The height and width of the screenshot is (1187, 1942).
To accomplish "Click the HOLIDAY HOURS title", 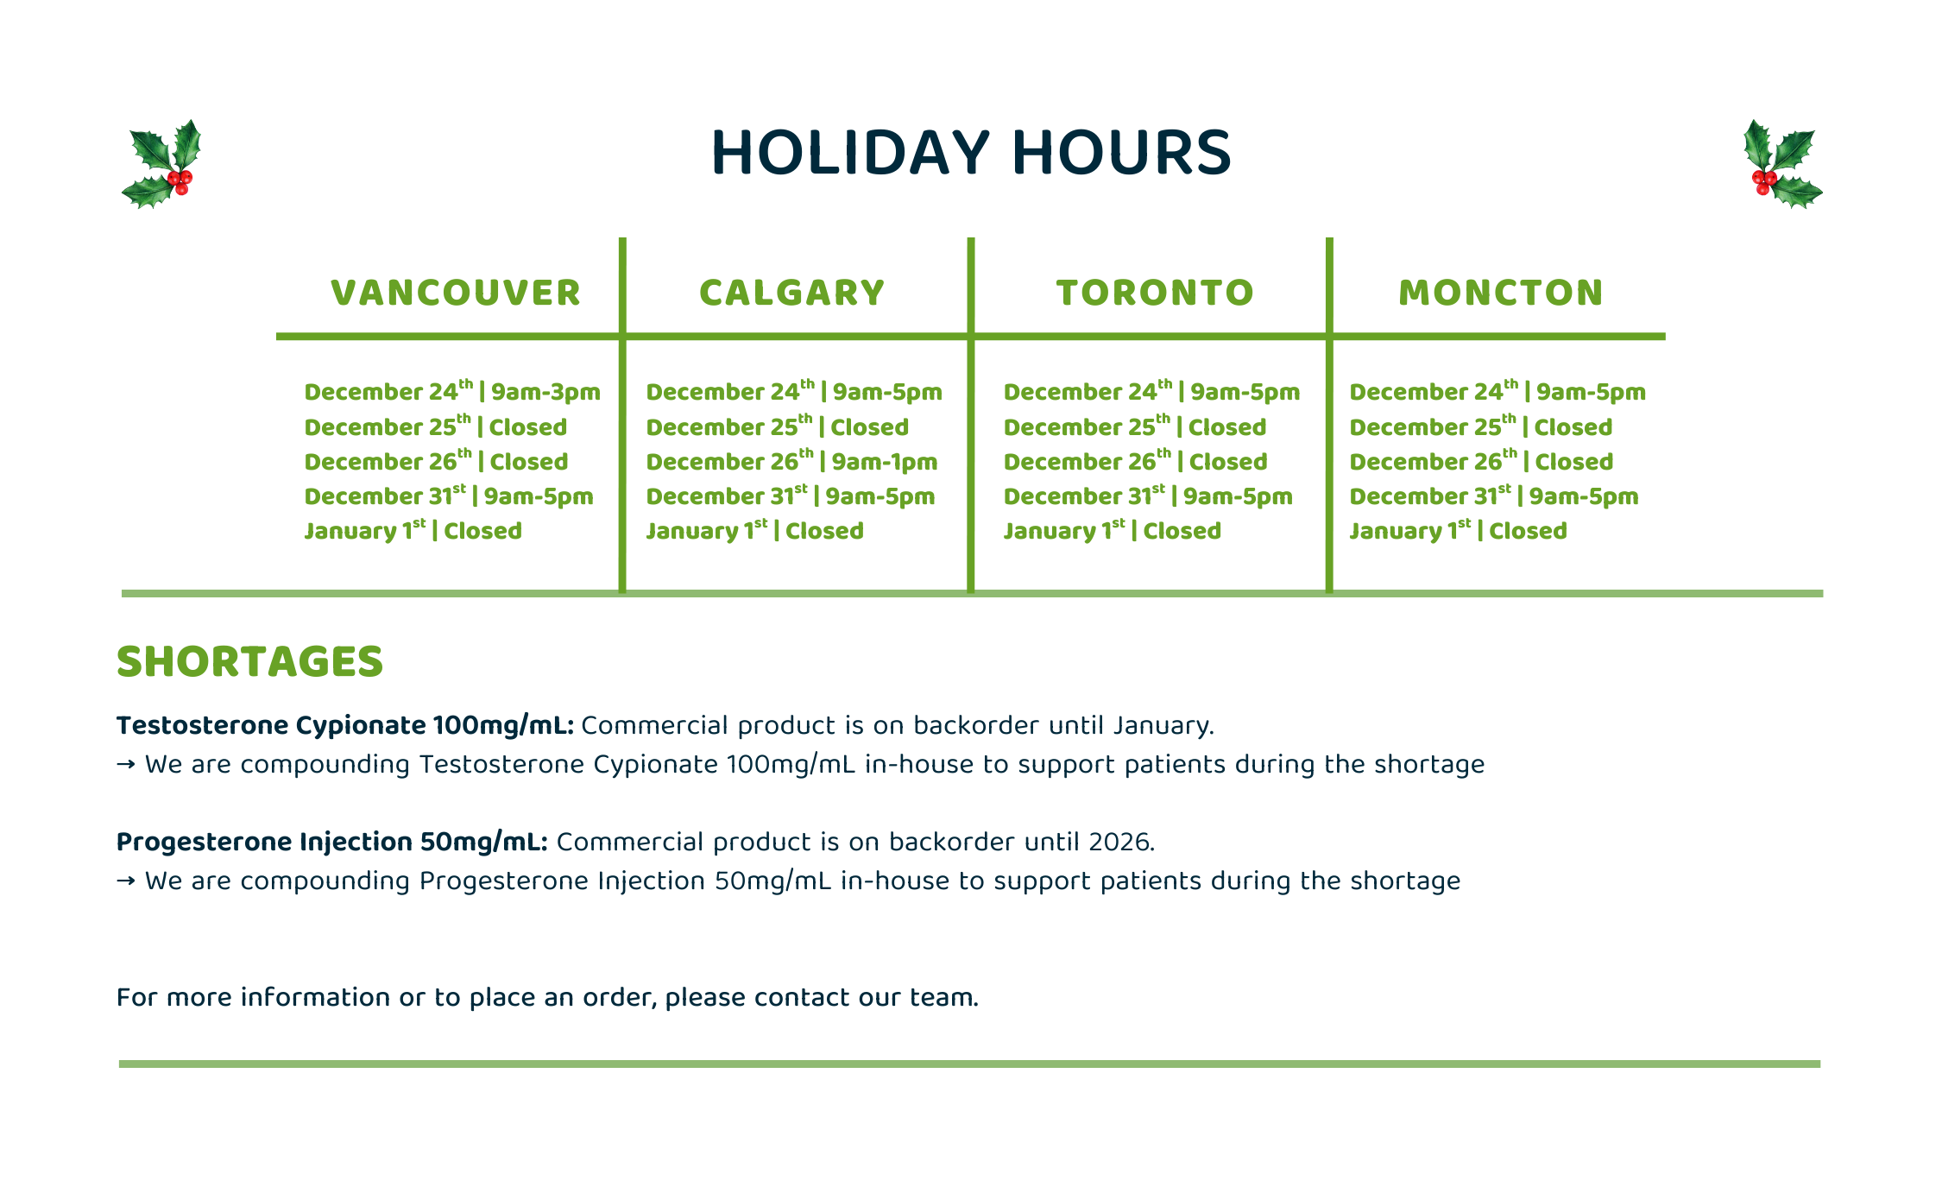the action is pos(971,153).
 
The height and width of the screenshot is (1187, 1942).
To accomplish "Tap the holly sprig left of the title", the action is pos(161,164).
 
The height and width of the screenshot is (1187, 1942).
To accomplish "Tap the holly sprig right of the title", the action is pos(1782,164).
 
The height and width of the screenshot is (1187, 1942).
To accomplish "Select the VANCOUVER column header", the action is pos(456,293).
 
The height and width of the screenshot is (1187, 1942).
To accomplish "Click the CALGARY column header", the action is pos(792,293).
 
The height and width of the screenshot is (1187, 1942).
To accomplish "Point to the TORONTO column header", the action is pos(1155,293).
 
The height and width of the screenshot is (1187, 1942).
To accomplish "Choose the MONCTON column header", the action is pos(1501,293).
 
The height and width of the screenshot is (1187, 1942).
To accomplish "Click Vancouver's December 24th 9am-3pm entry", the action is pos(452,391).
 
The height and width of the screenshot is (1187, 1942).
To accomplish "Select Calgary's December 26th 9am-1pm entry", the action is pos(791,460).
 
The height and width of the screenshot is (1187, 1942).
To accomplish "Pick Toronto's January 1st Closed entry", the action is pos(1112,529).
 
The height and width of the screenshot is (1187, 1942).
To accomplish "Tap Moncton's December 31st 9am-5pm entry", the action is pos(1494,495).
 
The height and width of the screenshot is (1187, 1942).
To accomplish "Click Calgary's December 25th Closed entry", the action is pos(777,426).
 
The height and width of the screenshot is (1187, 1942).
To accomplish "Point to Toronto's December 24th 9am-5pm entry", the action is pos(1151,391).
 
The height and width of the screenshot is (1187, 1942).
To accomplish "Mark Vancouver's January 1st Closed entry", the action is pos(413,529).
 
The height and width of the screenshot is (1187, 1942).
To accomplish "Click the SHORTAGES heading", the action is pos(249,662).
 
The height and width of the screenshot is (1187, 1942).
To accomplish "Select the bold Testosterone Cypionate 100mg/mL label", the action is pos(345,726).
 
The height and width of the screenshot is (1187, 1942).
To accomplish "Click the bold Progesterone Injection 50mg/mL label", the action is pos(332,843).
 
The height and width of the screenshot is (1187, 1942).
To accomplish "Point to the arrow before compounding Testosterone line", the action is pos(126,765).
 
